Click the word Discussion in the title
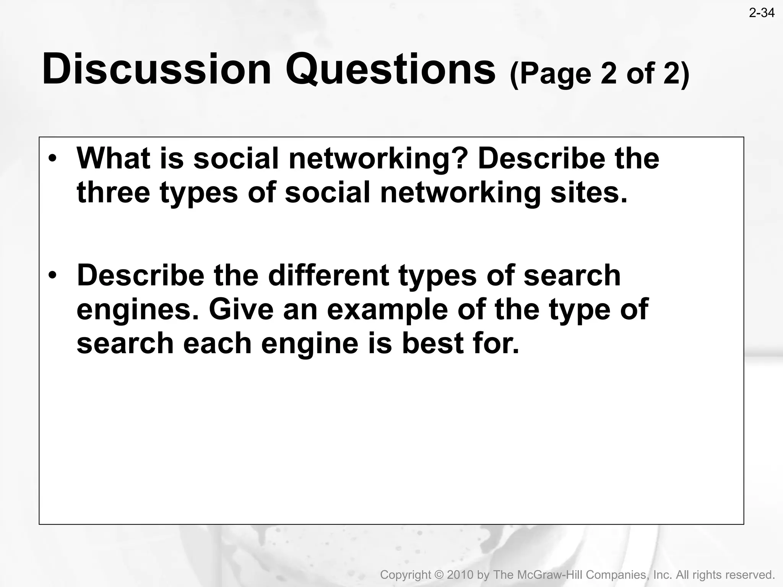156,70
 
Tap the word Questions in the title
390,70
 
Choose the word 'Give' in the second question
241,310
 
